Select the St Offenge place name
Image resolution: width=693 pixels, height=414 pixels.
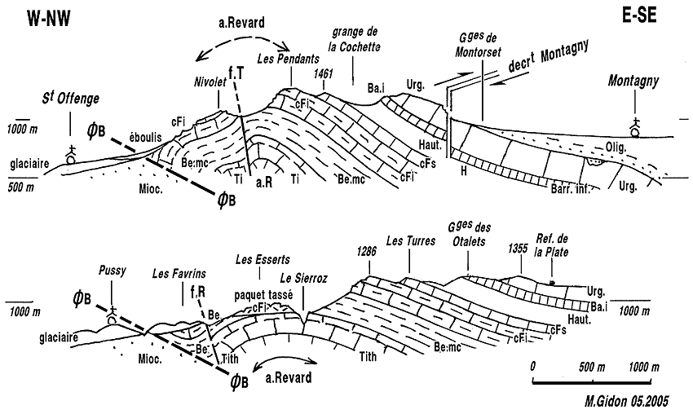[71, 99]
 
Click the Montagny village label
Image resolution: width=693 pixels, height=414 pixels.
[637, 81]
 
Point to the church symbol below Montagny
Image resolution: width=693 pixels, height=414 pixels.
[636, 126]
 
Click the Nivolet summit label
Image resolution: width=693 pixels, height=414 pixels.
[209, 82]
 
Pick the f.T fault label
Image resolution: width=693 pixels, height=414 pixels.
[237, 76]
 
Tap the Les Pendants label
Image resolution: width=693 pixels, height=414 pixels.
[283, 59]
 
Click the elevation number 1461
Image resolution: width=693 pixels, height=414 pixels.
[324, 73]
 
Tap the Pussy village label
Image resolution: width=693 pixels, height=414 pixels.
[112, 271]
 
